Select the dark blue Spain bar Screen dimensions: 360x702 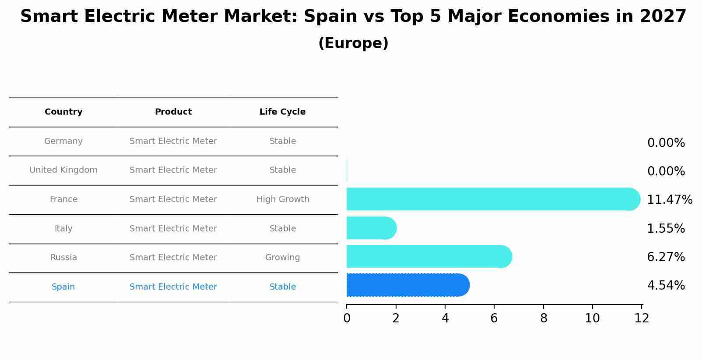[407, 285]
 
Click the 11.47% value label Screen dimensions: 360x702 [669, 200]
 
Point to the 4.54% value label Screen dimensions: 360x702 [666, 286]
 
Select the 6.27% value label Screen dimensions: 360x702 [666, 257]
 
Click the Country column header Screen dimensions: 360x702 [63, 112]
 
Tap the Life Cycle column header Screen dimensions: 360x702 [282, 112]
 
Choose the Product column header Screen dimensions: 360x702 [173, 112]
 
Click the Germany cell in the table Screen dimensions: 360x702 [63, 141]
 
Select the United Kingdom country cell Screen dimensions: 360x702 [63, 170]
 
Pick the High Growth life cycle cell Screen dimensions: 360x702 [283, 199]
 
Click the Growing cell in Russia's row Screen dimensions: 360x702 [282, 258]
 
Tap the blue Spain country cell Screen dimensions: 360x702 [63, 287]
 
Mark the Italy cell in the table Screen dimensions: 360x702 [63, 229]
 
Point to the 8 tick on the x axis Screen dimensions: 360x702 [544, 318]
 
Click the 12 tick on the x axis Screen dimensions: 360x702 [642, 318]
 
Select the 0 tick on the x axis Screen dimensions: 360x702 [347, 318]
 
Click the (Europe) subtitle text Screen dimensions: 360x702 [353, 43]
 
